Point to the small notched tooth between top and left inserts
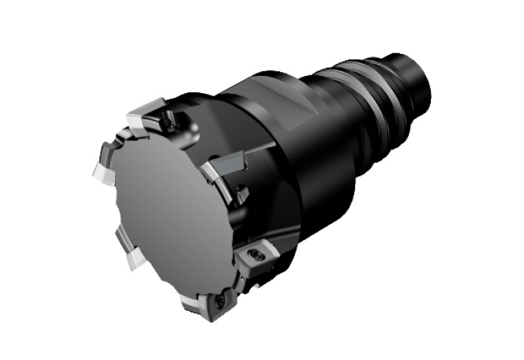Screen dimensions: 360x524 [117, 141]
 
